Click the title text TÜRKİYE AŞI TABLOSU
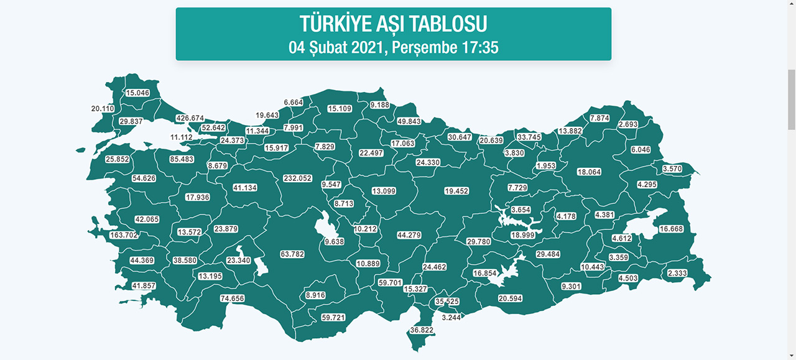[393, 24]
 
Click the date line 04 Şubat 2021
[393, 47]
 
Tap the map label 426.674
[190, 118]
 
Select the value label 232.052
[297, 178]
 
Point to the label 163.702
[123, 235]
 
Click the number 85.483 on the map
[182, 159]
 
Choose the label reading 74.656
[233, 298]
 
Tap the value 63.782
[293, 254]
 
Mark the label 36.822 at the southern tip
[420, 330]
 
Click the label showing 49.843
[409, 121]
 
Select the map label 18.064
[589, 172]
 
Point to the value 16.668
[671, 229]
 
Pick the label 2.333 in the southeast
[677, 273]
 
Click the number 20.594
[510, 298]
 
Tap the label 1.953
[546, 166]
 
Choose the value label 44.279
[409, 235]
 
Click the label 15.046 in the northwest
[138, 93]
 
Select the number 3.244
[451, 317]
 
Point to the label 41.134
[245, 188]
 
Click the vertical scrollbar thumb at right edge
[791, 99]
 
